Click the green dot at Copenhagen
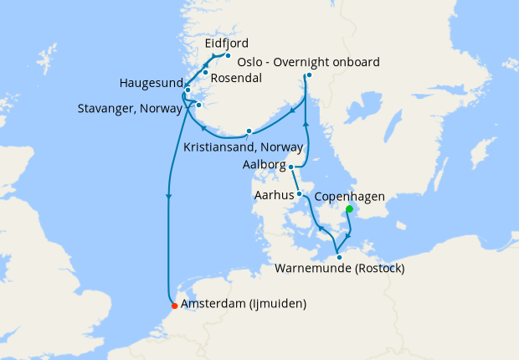click(349, 209)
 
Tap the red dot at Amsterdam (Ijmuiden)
click(173, 304)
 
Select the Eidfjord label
click(227, 43)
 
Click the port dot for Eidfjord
click(228, 56)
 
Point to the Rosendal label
click(235, 78)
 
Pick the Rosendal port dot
click(205, 73)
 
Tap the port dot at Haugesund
click(188, 90)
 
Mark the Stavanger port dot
click(199, 105)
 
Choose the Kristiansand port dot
click(249, 131)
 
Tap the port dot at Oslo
click(309, 76)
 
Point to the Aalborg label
click(264, 165)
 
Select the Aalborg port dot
click(291, 167)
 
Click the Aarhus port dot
click(299, 194)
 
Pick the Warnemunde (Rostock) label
click(339, 268)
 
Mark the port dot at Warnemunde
click(338, 255)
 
